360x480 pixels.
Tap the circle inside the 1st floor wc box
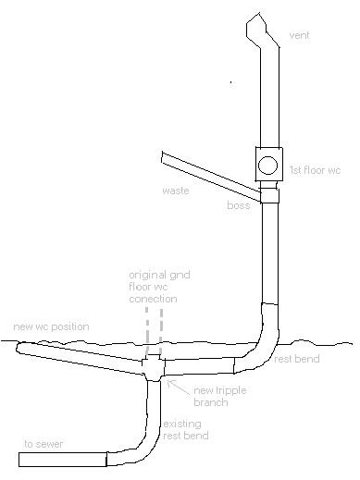267,166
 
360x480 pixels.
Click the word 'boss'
238,205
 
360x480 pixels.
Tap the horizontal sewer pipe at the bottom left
66,459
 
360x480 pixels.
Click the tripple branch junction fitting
154,367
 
